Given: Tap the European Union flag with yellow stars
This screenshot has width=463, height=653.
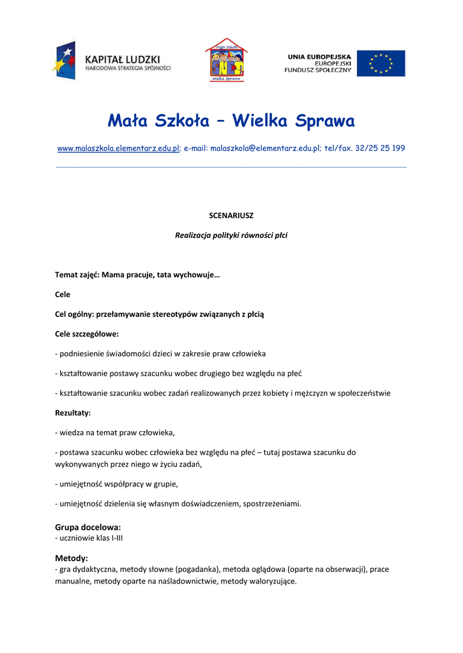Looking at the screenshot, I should coord(381,63).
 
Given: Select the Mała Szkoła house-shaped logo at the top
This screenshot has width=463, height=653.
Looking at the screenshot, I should coord(226,60).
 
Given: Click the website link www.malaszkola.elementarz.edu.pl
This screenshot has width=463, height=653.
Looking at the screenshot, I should coord(118,148).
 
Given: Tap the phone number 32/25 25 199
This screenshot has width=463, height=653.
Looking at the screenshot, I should coord(380,148).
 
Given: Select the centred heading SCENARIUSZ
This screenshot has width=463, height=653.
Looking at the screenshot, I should coord(231,216).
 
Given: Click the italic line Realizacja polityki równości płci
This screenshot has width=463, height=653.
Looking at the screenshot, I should coord(231,235).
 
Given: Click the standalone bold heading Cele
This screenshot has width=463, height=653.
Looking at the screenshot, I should coord(63,295).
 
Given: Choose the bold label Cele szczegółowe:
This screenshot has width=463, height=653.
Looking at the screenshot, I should coord(87,334).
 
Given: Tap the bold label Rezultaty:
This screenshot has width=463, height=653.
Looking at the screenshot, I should coord(73,413).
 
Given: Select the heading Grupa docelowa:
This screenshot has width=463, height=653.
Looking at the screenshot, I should coord(88,527).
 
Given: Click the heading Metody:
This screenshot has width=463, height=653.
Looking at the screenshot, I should coord(72,558).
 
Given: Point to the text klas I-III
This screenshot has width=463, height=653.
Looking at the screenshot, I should coord(109,538).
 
